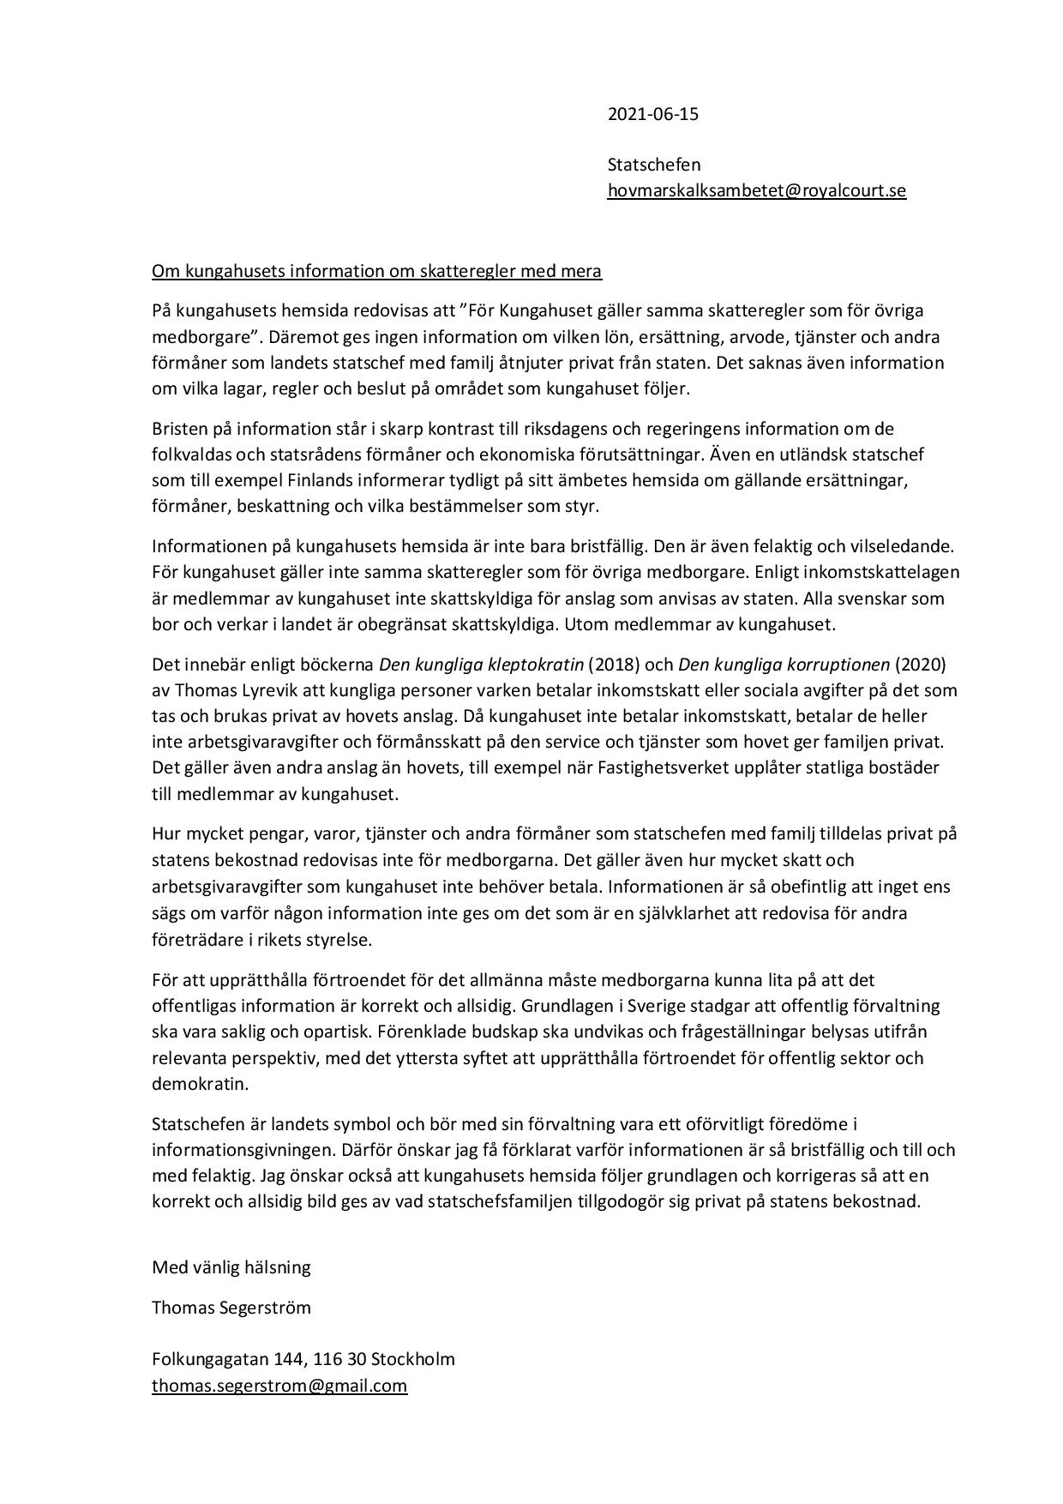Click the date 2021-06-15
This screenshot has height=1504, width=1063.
click(652, 114)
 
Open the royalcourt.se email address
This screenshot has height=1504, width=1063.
click(756, 190)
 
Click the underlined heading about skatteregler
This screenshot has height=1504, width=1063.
click(376, 271)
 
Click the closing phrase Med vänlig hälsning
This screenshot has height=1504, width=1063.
click(231, 1267)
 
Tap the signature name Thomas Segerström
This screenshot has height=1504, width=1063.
click(231, 1308)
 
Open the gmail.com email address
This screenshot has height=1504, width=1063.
click(279, 1386)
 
